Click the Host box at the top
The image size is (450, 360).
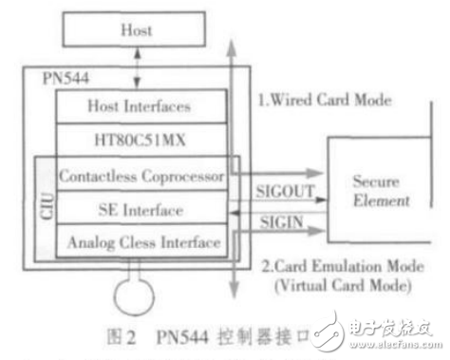click(x=135, y=31)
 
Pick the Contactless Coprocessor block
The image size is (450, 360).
click(x=140, y=176)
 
